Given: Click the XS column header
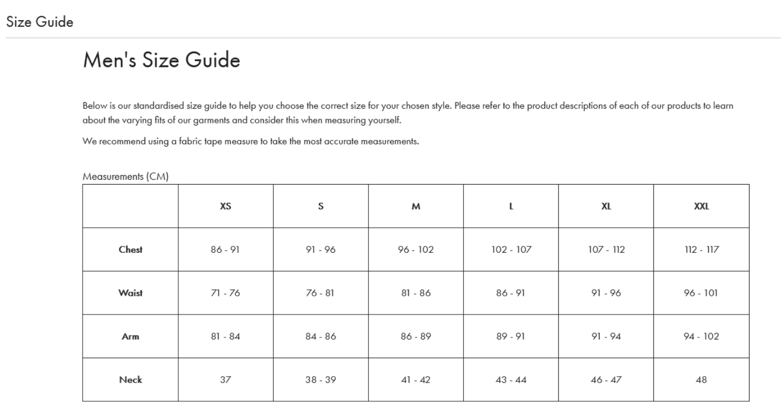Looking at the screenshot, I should click(x=226, y=206).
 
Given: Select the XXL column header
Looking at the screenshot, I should click(x=701, y=206).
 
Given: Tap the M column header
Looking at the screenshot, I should click(x=416, y=206).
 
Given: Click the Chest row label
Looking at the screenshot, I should click(x=130, y=249).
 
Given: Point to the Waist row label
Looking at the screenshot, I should click(x=130, y=293).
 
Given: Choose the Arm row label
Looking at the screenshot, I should click(x=130, y=336).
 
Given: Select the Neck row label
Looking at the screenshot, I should click(x=130, y=380).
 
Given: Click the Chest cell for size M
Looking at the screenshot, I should click(x=416, y=249).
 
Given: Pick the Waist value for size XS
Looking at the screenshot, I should click(x=226, y=293).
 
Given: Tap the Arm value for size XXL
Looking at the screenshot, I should click(x=701, y=336).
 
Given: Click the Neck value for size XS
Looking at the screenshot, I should click(x=226, y=380).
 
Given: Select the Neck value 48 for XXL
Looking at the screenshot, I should click(x=701, y=380).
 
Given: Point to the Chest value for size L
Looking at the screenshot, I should click(x=511, y=249).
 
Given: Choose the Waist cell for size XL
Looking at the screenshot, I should click(x=606, y=293).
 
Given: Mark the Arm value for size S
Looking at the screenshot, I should click(x=321, y=336).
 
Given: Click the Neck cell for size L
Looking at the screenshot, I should click(x=511, y=380).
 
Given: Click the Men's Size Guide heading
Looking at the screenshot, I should click(x=162, y=60).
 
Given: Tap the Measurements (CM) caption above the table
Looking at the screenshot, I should click(x=125, y=176).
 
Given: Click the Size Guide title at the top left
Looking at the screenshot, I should click(x=40, y=22).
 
